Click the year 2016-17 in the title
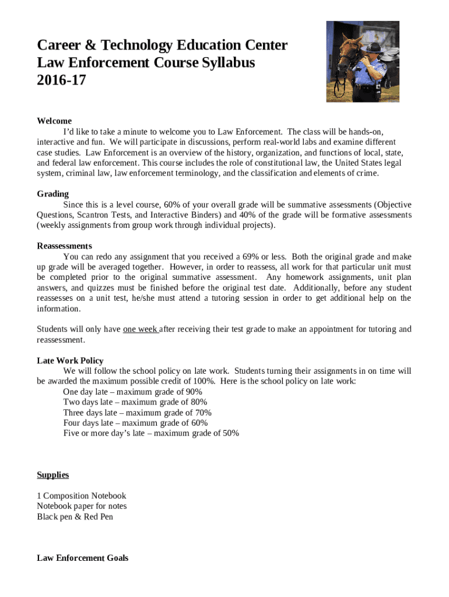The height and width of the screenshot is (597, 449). [x=61, y=80]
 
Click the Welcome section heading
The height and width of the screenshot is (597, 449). [x=54, y=121]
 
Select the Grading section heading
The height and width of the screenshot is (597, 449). [x=52, y=194]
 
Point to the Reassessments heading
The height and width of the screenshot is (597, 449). [x=64, y=246]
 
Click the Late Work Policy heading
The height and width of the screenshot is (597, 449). [x=70, y=360]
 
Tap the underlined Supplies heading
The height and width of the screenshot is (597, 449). [x=53, y=475]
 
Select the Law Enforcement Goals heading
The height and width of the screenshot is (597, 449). [x=82, y=558]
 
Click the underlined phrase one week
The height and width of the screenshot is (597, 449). [x=140, y=329]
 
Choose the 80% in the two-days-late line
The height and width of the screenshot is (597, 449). [x=198, y=402]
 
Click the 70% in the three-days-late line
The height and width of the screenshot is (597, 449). [x=202, y=413]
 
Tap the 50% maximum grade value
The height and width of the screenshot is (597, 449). [x=230, y=433]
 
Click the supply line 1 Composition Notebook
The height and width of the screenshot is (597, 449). [x=81, y=496]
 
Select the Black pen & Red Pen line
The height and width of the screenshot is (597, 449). [x=75, y=517]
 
